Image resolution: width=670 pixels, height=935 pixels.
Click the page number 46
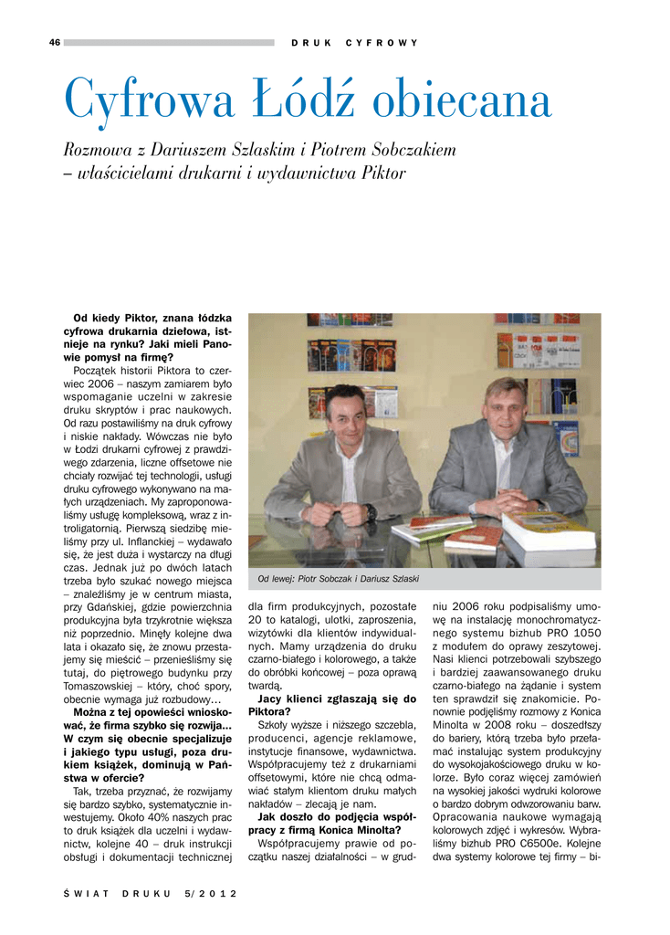point(55,42)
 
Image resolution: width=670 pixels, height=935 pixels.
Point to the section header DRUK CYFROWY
point(354,43)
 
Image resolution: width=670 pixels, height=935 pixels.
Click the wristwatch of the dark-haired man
point(371,511)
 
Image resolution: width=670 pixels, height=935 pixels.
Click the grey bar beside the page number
point(169,42)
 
